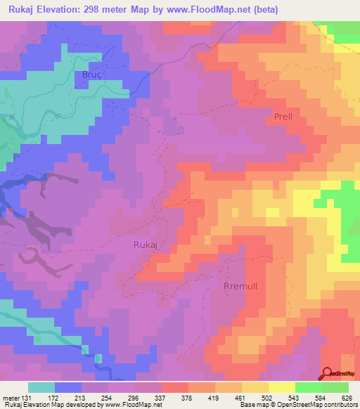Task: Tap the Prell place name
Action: click(x=278, y=117)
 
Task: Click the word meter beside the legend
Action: click(x=11, y=397)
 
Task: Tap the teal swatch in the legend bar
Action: click(x=41, y=387)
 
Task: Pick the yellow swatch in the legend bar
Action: click(x=282, y=387)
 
